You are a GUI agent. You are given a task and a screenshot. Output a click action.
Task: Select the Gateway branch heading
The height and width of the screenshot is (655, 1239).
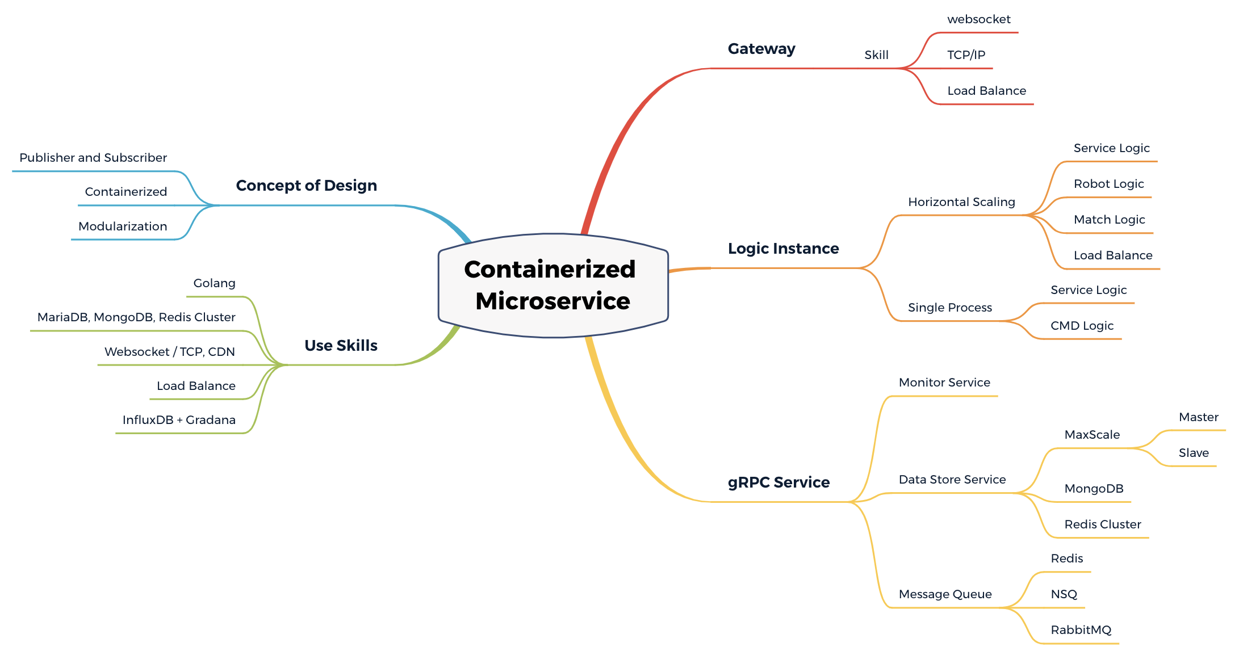(761, 49)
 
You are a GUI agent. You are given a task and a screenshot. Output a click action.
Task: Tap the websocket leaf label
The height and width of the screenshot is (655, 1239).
(978, 19)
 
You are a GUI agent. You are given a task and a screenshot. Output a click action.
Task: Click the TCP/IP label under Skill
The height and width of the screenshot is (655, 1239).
(966, 55)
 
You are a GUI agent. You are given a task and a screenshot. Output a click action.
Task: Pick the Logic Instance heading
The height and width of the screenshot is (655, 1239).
(783, 249)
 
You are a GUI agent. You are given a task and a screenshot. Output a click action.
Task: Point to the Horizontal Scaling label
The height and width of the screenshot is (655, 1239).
(961, 202)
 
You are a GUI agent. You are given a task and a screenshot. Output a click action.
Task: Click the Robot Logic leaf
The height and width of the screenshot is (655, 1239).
(1108, 184)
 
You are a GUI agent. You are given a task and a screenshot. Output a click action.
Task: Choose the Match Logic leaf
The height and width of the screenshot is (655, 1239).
(1109, 220)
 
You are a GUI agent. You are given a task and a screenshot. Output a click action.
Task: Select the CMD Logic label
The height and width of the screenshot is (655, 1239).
(1082, 326)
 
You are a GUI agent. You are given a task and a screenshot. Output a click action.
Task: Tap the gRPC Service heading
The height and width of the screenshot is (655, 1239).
(778, 482)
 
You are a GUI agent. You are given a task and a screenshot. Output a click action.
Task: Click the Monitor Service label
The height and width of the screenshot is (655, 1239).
(944, 383)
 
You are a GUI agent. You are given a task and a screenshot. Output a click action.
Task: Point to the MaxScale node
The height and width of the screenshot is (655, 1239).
(1091, 435)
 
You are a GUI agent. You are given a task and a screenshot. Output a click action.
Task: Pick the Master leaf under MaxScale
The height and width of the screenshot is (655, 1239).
(1198, 417)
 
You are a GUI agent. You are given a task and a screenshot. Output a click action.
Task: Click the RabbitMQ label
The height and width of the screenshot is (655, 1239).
(1081, 630)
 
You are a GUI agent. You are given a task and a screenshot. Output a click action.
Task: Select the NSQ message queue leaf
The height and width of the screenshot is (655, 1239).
(1064, 594)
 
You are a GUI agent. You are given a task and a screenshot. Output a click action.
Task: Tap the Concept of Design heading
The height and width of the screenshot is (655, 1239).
(306, 186)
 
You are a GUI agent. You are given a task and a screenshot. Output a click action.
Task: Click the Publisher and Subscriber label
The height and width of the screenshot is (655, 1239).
(93, 158)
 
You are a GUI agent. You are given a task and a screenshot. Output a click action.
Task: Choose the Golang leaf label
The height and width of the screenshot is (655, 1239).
(214, 283)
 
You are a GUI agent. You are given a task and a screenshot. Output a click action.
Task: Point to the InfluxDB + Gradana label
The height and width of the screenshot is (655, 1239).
(179, 420)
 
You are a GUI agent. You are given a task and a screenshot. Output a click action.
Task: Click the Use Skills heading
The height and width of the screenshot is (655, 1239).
(341, 346)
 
